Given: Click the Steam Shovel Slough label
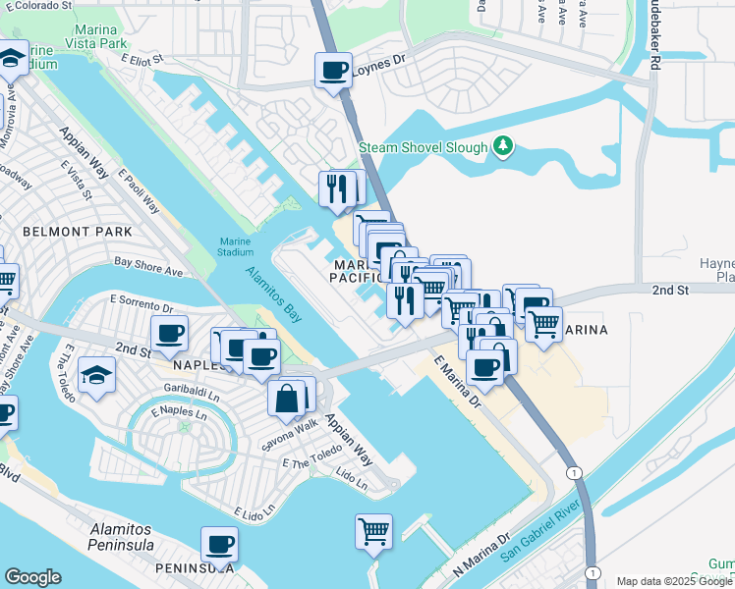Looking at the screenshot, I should point(423,147).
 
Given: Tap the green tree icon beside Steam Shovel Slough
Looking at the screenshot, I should point(503,146).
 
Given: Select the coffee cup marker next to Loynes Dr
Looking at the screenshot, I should point(333,72).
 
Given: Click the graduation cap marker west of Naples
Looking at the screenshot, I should point(96,376).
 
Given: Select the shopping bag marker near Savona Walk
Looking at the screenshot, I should point(287,399).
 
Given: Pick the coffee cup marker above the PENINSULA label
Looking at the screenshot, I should point(219,544).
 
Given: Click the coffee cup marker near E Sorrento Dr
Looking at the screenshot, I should point(169,333).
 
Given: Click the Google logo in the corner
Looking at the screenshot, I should point(33,577).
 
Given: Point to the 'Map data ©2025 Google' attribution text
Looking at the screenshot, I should point(674,581).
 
